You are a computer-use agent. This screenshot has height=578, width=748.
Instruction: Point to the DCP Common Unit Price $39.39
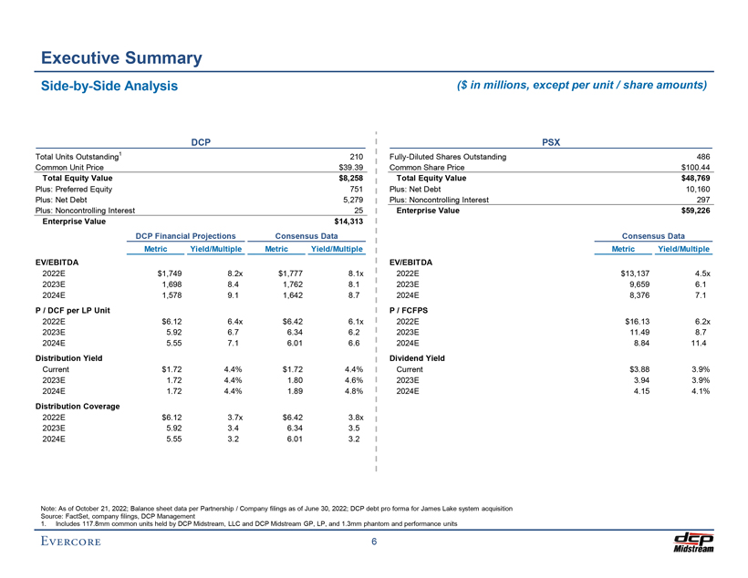(x=351, y=168)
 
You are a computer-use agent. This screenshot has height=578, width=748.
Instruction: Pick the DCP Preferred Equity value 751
(x=357, y=189)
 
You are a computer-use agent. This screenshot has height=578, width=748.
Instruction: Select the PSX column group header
(x=551, y=143)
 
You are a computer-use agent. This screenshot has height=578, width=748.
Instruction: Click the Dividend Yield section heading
(x=417, y=358)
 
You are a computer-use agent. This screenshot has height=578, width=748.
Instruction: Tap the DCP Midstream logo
(x=691, y=540)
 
